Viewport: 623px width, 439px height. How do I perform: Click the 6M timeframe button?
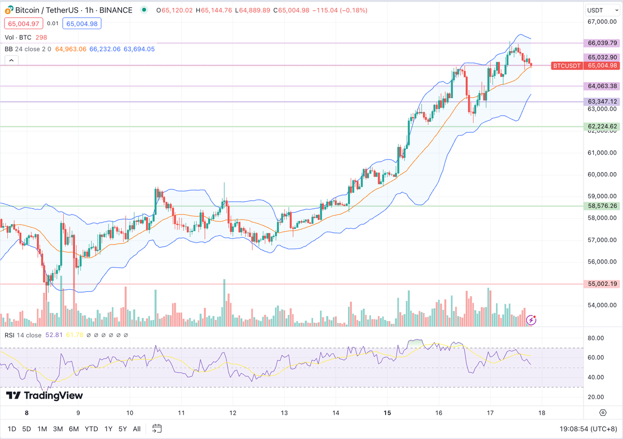coord(74,429)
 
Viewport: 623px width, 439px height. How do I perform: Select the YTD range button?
coord(91,429)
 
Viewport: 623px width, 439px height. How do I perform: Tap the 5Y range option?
coord(123,429)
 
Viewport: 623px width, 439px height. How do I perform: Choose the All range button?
coord(137,429)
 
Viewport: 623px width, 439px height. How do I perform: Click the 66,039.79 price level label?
coord(603,43)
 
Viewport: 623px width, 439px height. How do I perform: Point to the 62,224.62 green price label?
coord(603,126)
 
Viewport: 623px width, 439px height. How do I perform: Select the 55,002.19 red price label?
coord(603,283)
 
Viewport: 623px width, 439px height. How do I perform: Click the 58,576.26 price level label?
coord(603,206)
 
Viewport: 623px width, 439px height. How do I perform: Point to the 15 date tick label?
coord(387,413)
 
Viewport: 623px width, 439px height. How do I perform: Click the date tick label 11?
coord(181,413)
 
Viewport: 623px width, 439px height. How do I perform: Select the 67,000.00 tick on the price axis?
coord(602,21)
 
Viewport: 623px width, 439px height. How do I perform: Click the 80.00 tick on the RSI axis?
coord(596,338)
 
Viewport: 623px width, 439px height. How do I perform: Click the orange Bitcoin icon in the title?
coord(8,10)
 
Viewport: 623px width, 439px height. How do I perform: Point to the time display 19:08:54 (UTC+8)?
coord(588,429)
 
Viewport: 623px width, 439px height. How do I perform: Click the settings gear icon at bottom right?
coord(603,413)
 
